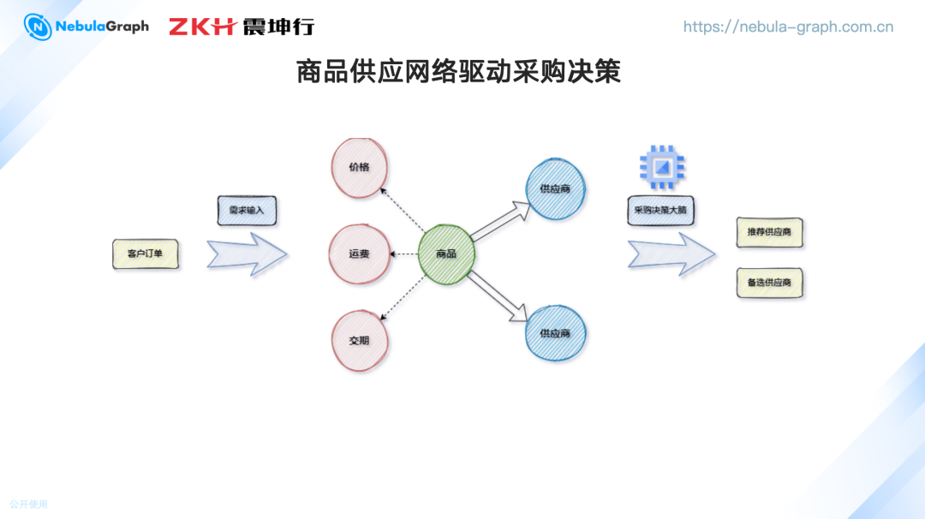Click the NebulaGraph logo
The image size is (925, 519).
coord(87,27)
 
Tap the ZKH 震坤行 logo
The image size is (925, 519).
coord(241,27)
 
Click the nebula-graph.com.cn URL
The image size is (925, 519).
coord(788,27)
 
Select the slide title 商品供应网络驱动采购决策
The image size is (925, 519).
coord(458,72)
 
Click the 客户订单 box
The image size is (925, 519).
coord(146,254)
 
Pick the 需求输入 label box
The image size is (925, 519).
coord(247,211)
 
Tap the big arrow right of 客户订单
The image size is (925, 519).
coord(247,254)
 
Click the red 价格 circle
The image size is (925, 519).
coord(360,167)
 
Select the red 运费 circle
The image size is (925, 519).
coord(359,254)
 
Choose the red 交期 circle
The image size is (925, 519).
coord(360,340)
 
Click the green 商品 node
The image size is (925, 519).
coord(446,254)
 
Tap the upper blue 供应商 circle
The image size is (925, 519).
coord(556,188)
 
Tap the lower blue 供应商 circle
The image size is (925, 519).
coord(556,333)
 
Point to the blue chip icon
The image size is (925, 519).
coord(662,166)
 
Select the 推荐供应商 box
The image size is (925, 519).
coord(769,233)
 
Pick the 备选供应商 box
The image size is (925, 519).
coord(769,283)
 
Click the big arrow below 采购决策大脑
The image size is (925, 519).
coord(671,254)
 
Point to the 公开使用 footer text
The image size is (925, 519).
coord(29,504)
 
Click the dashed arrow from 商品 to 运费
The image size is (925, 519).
coord(403,254)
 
